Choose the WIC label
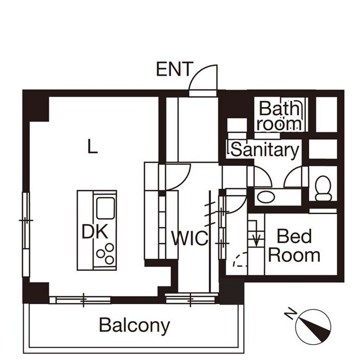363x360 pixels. pos(189,238)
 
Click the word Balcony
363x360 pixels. pos(135,324)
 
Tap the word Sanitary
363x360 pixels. pos(265,150)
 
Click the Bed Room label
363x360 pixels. pos(294,245)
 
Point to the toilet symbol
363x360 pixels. pos(323,188)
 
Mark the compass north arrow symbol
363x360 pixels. pos(317,326)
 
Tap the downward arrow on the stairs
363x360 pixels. pos(256,237)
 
